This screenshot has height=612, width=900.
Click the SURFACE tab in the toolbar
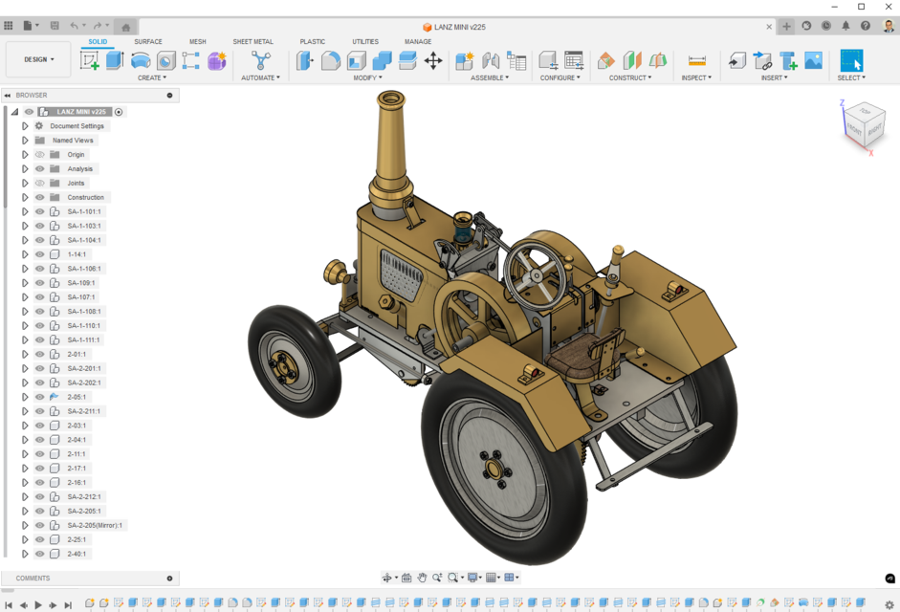[147, 42]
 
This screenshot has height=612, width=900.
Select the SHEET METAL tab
[252, 42]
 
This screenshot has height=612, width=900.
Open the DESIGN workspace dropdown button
[38, 59]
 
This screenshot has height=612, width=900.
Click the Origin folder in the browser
[76, 155]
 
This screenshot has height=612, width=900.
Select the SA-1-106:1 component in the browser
[84, 269]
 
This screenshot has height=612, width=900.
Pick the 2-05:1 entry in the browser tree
[77, 397]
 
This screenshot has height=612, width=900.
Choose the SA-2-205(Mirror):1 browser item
[95, 525]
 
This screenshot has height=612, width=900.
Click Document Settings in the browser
[77, 126]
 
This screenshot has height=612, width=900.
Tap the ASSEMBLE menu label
[489, 78]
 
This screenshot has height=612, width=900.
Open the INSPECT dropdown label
[695, 78]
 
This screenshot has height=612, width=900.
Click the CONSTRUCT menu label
[629, 78]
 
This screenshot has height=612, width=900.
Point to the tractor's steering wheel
[537, 273]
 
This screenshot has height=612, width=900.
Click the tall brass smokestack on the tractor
[390, 143]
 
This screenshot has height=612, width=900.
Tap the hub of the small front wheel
[283, 363]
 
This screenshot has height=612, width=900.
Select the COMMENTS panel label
[33, 579]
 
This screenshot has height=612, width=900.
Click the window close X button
[886, 7]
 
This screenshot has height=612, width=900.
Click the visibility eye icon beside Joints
[40, 183]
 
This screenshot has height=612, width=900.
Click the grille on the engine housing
[402, 273]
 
